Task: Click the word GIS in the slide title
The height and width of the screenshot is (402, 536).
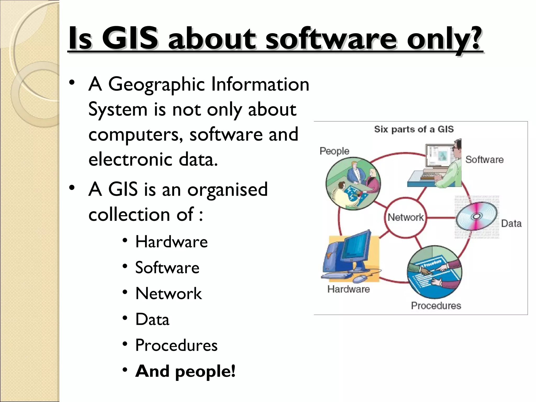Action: (x=130, y=39)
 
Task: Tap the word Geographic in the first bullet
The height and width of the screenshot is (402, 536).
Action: (x=157, y=85)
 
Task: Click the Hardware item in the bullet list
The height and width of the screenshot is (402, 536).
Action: (x=171, y=242)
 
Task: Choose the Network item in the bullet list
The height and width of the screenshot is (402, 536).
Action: (x=169, y=293)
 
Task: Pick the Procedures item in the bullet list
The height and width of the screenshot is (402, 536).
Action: (x=176, y=345)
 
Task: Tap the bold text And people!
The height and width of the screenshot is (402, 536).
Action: (x=185, y=371)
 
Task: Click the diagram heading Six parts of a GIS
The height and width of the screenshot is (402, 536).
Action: (x=414, y=129)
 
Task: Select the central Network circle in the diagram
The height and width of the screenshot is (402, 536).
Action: (x=405, y=217)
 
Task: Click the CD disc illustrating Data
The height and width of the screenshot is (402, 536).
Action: (x=477, y=217)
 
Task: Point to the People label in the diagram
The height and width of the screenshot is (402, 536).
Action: (x=334, y=151)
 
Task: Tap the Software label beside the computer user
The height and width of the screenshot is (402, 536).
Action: (x=484, y=160)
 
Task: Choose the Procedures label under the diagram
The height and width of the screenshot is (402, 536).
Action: (x=436, y=306)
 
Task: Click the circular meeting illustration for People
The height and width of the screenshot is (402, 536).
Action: (x=353, y=183)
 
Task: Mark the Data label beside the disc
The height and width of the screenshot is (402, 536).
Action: (x=511, y=224)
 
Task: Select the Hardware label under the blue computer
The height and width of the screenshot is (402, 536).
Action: (x=349, y=289)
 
